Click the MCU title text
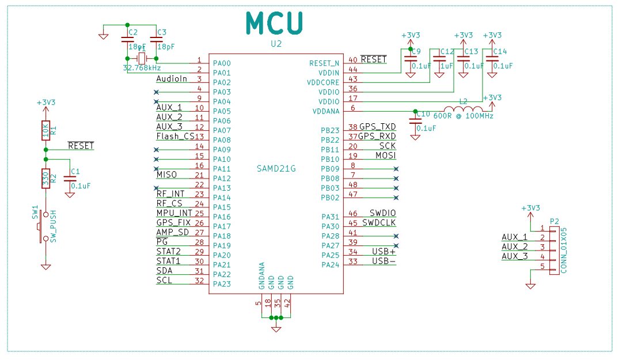coord(274,23)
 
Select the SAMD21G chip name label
coord(276,169)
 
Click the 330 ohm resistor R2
coord(45,179)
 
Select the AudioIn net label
coord(172,79)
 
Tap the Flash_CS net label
coord(175,137)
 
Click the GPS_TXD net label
coord(377,127)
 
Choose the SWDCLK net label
coord(378,223)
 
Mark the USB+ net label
coord(383,252)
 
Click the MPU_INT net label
coord(174,213)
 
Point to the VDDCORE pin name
coord(323,82)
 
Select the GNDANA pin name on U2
coord(261,275)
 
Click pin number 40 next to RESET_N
coord(353,60)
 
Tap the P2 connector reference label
coord(555,221)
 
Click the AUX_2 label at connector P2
coord(514,247)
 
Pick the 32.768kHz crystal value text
coord(142,68)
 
